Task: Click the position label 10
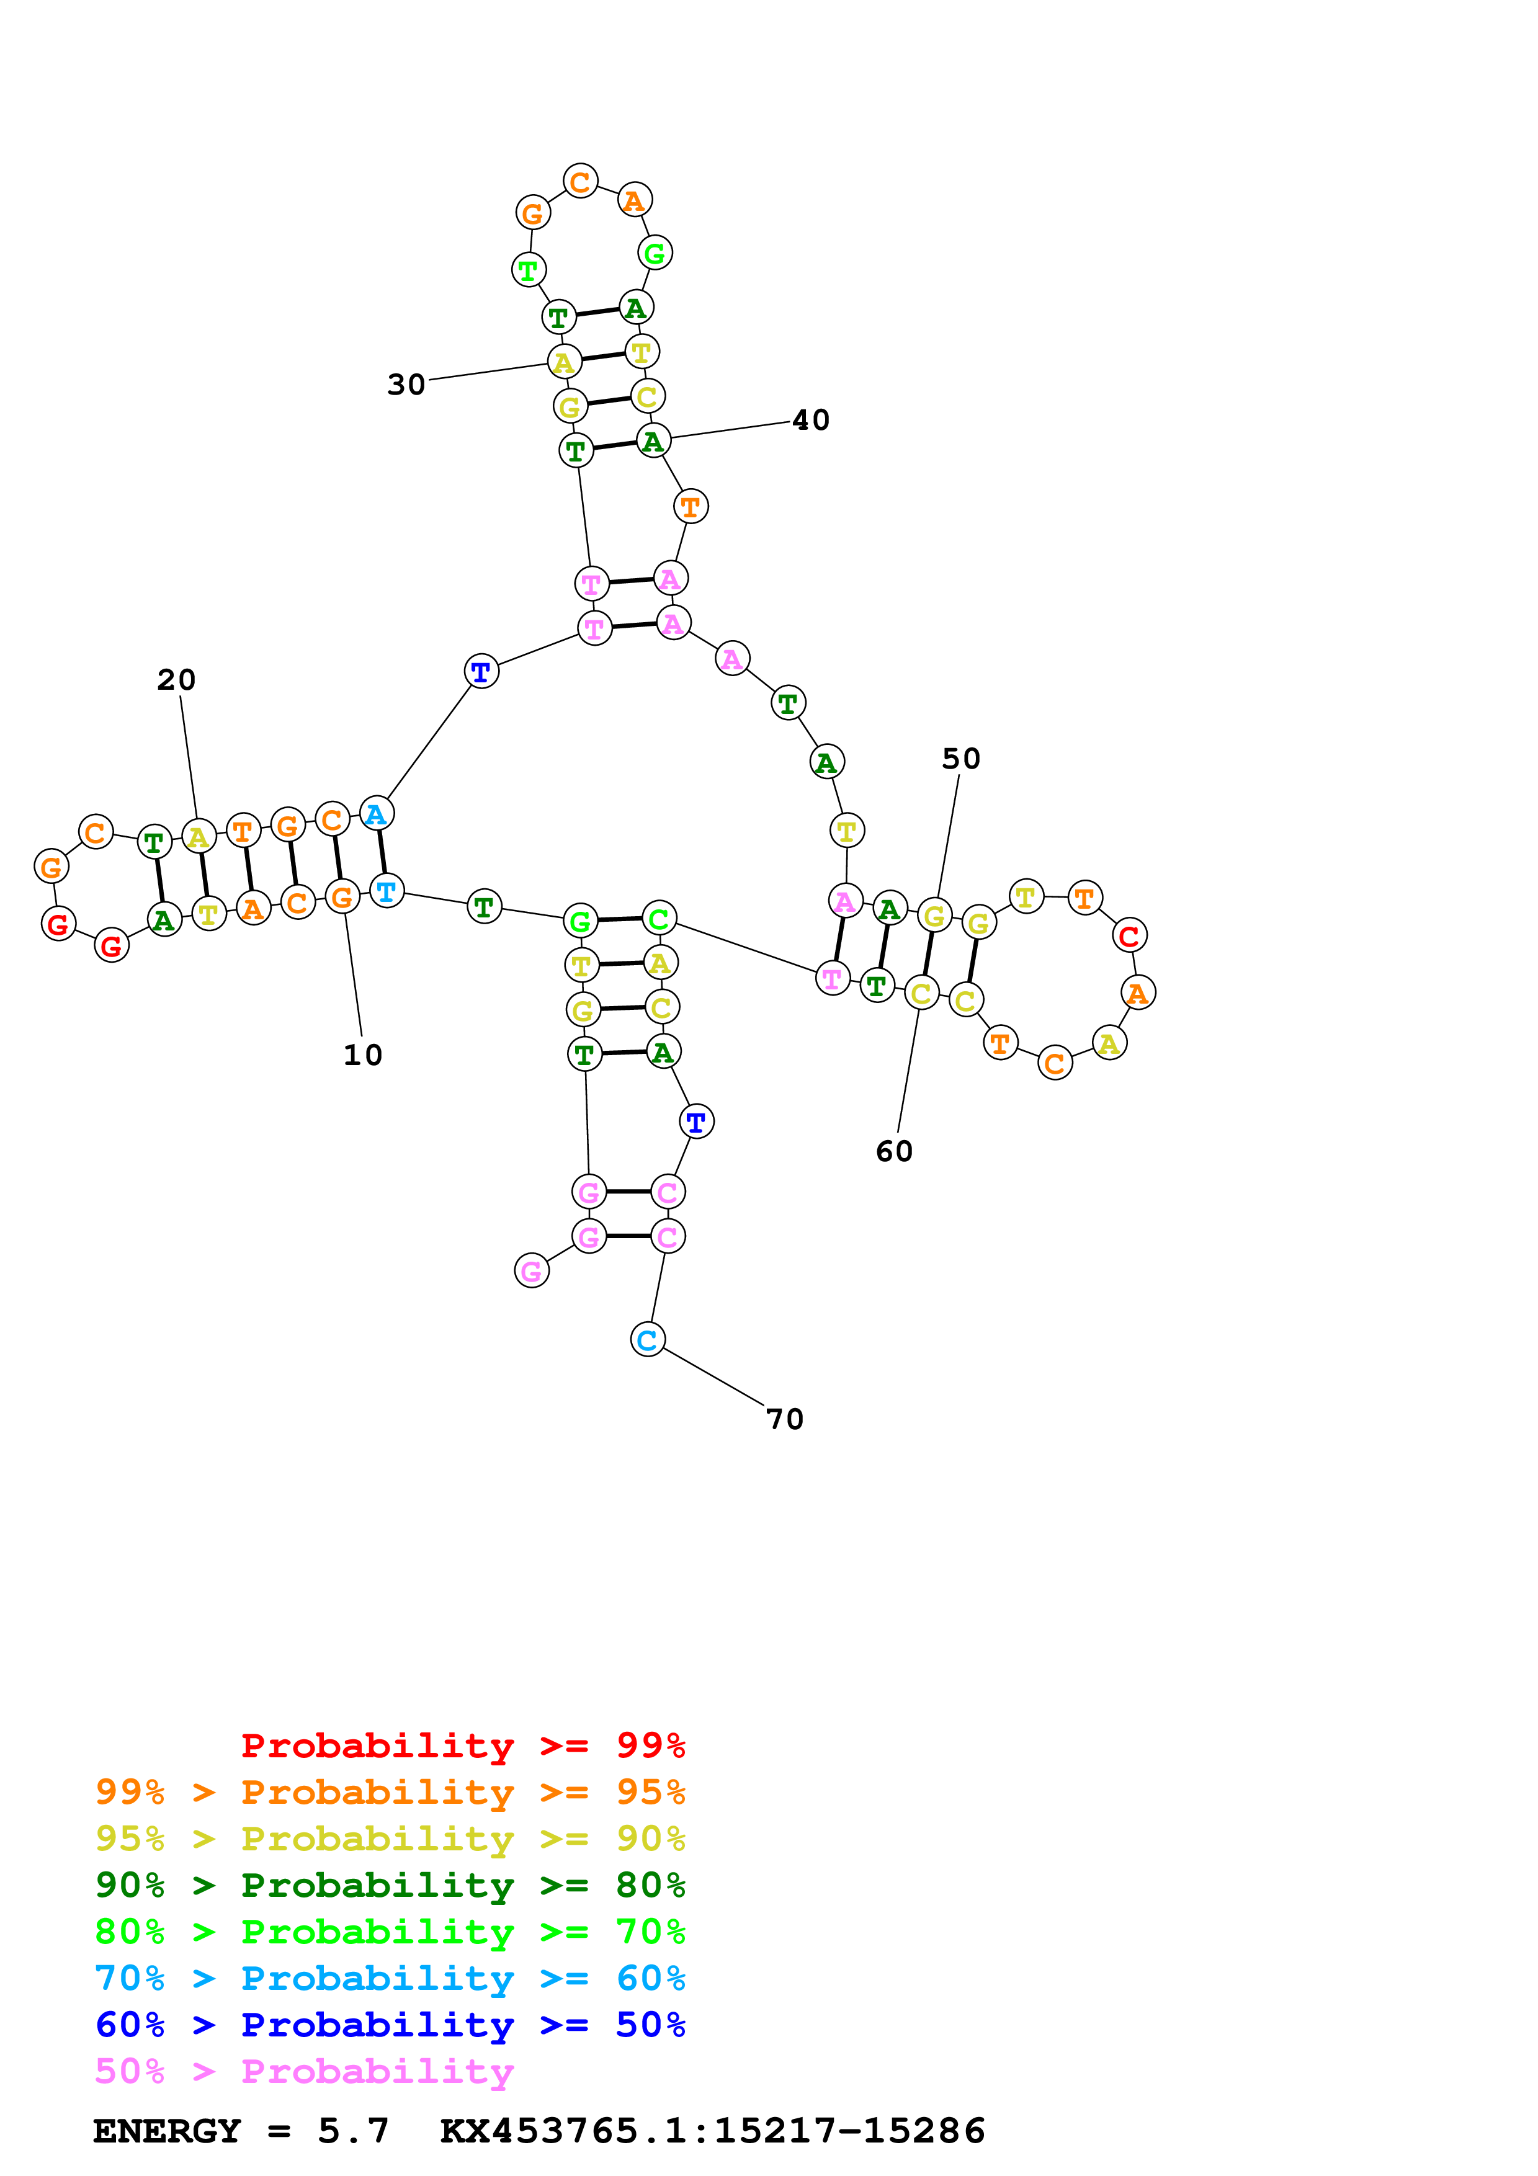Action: (x=362, y=1055)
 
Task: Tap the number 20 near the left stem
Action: (x=176, y=679)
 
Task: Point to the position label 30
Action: (x=406, y=384)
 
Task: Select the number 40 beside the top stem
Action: (x=810, y=420)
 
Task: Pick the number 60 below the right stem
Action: (x=893, y=1151)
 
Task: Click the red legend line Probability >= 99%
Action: (x=462, y=1745)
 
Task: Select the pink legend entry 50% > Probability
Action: (x=304, y=2071)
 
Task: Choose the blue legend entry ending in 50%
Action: (x=390, y=2025)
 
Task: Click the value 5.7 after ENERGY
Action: (x=352, y=2131)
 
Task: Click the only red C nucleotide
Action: (x=1129, y=935)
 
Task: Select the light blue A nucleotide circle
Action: (x=376, y=814)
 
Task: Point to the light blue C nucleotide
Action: (x=647, y=1339)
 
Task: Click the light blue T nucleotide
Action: (x=386, y=891)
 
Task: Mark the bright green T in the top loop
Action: (x=528, y=270)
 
